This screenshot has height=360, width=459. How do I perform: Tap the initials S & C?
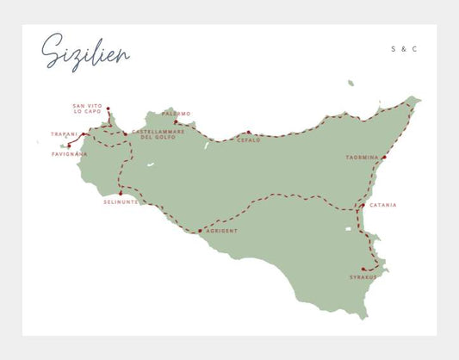tap(404, 49)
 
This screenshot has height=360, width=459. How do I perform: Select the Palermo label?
tap(177, 113)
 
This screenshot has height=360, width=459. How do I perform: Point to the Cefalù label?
tap(249, 140)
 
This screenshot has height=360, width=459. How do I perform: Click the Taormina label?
tap(360, 157)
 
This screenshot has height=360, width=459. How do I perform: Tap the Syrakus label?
tap(363, 276)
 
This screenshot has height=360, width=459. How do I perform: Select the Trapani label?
tap(64, 134)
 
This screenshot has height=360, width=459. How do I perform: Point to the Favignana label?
tap(70, 154)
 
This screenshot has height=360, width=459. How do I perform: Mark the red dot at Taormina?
tap(384, 157)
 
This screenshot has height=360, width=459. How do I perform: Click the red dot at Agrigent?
tap(200, 231)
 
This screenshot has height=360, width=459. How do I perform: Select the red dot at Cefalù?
tap(248, 133)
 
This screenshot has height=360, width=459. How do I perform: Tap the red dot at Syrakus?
tap(363, 269)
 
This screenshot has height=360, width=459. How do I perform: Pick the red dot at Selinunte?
tap(121, 193)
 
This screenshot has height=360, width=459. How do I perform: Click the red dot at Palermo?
tap(175, 121)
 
